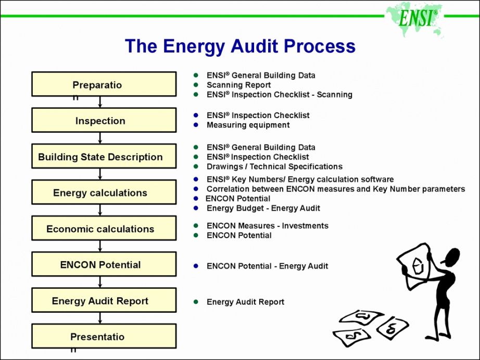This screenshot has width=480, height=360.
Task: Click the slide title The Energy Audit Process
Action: coord(240,46)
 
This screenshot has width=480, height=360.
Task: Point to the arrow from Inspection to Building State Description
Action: coord(100,138)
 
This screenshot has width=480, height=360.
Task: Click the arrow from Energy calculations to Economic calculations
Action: coord(100,210)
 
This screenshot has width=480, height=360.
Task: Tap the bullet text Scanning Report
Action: coord(238,85)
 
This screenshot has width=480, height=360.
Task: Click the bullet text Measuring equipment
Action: coord(248,125)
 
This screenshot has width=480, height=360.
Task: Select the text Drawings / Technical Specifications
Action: coord(274,166)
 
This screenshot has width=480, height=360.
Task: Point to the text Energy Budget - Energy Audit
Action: coord(263,208)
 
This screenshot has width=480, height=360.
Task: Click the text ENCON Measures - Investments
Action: coord(267,226)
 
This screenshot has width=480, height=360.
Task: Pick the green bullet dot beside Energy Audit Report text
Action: coord(196,302)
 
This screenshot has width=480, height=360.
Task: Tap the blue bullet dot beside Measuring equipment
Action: coord(196,125)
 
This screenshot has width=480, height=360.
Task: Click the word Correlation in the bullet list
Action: coord(228,189)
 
